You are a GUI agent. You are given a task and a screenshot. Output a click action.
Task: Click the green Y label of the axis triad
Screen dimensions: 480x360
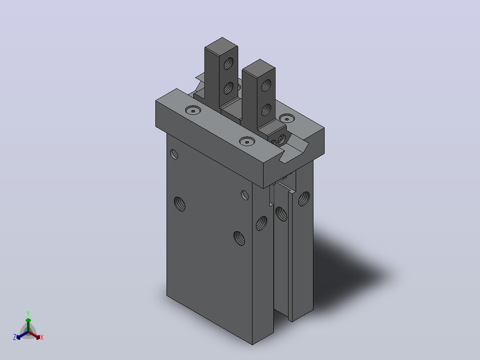pyautogui.click(x=28, y=313)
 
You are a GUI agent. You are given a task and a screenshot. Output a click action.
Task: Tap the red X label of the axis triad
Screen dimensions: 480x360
pyautogui.click(x=42, y=337)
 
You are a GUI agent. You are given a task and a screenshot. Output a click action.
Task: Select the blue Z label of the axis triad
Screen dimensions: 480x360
pyautogui.click(x=14, y=337)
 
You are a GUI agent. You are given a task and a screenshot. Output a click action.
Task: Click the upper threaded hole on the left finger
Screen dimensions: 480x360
pyautogui.click(x=228, y=64)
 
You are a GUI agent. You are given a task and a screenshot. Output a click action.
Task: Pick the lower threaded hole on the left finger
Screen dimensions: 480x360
pyautogui.click(x=228, y=88)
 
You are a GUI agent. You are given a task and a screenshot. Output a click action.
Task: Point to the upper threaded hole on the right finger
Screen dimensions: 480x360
pyautogui.click(x=266, y=86)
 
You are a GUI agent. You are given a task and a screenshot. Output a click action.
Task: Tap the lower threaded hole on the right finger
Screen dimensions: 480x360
pyautogui.click(x=266, y=110)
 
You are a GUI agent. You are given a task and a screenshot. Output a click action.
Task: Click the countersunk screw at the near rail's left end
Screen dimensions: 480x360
pyautogui.click(x=193, y=110)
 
